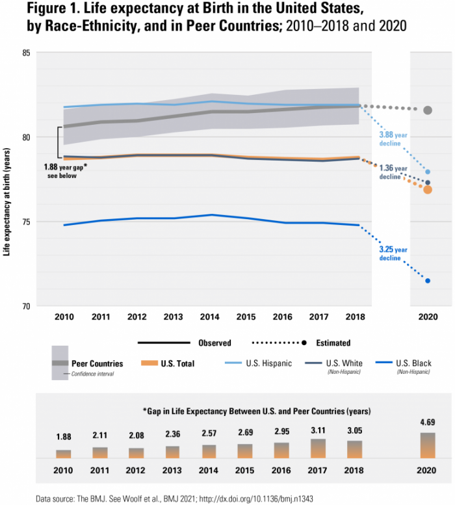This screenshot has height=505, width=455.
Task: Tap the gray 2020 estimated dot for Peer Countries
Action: click(x=428, y=110)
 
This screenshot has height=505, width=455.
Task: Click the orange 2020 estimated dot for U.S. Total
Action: click(x=428, y=190)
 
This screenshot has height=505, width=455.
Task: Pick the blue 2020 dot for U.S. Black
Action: click(x=428, y=281)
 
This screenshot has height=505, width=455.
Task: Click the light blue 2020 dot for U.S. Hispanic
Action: click(x=428, y=172)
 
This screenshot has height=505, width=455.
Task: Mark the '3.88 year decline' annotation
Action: click(x=393, y=139)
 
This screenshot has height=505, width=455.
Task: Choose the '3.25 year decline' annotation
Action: click(x=393, y=253)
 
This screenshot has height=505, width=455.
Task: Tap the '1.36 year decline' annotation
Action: click(x=393, y=172)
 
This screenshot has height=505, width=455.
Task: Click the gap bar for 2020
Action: click(x=428, y=445)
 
